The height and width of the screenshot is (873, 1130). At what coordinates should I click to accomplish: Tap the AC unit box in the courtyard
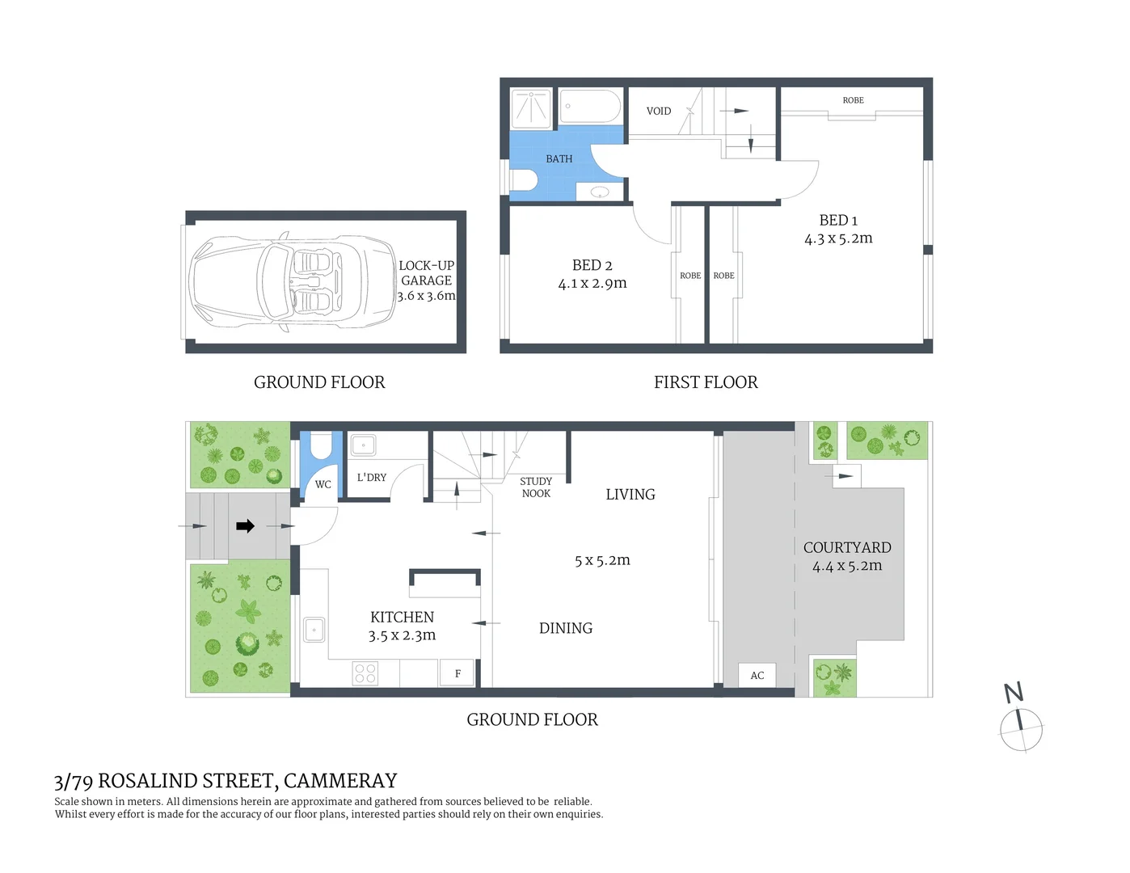coord(757,675)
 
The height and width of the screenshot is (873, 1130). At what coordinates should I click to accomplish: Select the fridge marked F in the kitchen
coord(458,673)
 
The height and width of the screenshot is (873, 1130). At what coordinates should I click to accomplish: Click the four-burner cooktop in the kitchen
coord(365,673)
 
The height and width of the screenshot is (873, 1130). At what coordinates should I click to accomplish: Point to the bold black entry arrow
coord(245,526)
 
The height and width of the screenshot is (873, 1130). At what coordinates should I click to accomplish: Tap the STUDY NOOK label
coord(536,487)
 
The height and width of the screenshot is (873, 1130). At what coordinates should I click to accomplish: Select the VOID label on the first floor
coord(659,111)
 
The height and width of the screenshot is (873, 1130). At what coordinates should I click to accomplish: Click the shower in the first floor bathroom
coord(531,108)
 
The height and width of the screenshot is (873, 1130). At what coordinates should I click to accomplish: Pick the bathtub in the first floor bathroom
coord(590,107)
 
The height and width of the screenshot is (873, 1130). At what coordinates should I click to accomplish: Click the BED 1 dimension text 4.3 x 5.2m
coord(838,238)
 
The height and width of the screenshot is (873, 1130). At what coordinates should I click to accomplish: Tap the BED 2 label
coord(592,265)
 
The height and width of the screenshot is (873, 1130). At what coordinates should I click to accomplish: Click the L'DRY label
coord(372,478)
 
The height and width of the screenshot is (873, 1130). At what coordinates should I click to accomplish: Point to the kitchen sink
coord(314,629)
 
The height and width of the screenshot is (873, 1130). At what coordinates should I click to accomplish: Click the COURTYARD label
coord(847,547)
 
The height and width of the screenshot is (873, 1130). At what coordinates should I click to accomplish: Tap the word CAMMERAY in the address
coord(340,781)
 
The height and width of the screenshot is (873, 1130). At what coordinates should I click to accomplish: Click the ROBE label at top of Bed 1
coord(853,100)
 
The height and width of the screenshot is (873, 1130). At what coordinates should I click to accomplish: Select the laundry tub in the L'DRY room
coord(363,445)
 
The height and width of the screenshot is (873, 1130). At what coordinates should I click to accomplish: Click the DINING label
coord(566,628)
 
